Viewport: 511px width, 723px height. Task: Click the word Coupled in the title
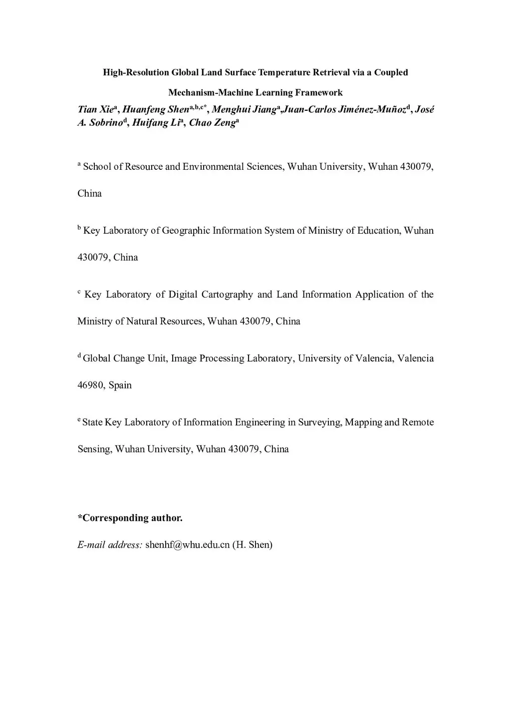(391, 72)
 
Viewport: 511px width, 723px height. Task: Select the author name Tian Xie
(95, 110)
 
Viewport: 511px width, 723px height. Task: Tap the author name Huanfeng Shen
(156, 110)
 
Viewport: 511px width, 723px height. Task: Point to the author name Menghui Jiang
(244, 110)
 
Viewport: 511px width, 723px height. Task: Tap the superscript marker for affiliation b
(79, 228)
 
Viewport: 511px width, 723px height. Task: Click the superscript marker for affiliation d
(79, 356)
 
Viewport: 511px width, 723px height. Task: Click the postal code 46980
(90, 385)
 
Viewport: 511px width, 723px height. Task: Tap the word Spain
(120, 385)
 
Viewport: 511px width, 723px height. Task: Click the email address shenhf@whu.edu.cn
(187, 545)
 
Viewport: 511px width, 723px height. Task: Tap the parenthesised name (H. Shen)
(253, 545)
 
